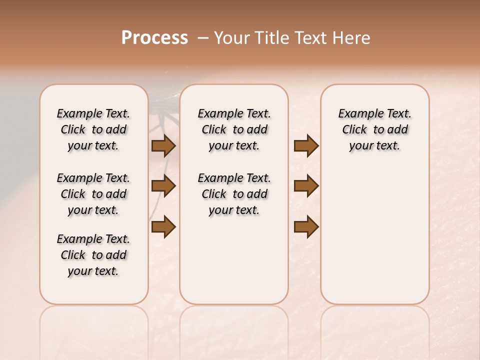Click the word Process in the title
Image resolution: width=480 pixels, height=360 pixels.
click(154, 38)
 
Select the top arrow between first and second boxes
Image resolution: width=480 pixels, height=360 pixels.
click(163, 145)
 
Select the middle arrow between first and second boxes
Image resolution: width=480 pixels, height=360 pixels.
click(163, 186)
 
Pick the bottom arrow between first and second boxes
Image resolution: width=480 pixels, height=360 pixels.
click(163, 226)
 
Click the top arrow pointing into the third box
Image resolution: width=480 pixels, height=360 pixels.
click(306, 145)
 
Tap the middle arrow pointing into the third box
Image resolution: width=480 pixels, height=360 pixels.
click(306, 186)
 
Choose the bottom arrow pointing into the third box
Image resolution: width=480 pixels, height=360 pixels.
click(306, 226)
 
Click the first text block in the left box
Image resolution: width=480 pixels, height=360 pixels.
click(93, 129)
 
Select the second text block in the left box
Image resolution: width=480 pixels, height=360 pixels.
click(93, 194)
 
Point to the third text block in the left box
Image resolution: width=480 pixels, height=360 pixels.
click(93, 255)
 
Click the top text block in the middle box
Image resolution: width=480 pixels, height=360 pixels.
click(234, 129)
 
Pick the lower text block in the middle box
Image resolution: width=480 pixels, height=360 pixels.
click(234, 194)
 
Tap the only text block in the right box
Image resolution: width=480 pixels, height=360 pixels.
click(374, 129)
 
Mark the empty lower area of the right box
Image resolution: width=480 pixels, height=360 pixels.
click(374, 230)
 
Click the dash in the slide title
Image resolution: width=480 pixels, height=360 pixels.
click(202, 38)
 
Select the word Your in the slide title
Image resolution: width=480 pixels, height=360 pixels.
click(232, 38)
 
